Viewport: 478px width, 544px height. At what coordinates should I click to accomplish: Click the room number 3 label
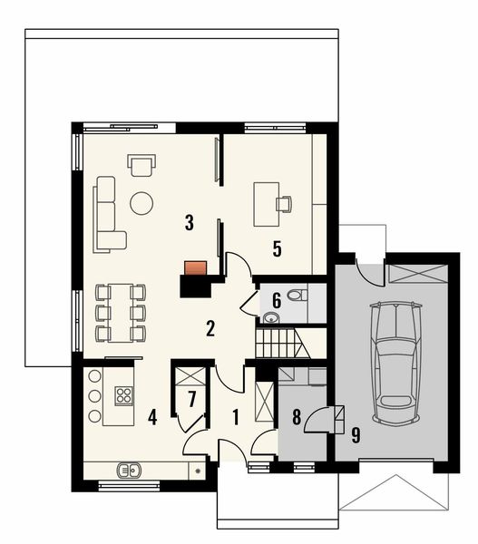189,221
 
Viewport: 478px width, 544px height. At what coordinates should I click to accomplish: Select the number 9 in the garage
356,434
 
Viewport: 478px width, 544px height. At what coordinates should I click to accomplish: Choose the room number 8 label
296,417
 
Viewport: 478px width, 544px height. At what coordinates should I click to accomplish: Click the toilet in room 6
294,295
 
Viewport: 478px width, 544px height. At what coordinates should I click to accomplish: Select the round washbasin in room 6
272,317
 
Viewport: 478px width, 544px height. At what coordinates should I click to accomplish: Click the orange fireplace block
195,267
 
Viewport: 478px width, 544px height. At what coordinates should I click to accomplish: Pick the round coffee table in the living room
141,203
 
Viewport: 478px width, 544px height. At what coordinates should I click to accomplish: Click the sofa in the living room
107,214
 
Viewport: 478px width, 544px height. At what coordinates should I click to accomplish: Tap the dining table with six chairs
121,312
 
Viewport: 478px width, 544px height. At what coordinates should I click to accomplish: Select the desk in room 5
267,204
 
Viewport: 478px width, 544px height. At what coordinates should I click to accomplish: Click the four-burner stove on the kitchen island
123,395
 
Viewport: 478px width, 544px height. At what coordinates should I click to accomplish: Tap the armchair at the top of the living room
141,165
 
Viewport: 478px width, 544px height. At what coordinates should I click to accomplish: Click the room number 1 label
235,418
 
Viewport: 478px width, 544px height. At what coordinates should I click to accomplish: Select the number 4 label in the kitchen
152,418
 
